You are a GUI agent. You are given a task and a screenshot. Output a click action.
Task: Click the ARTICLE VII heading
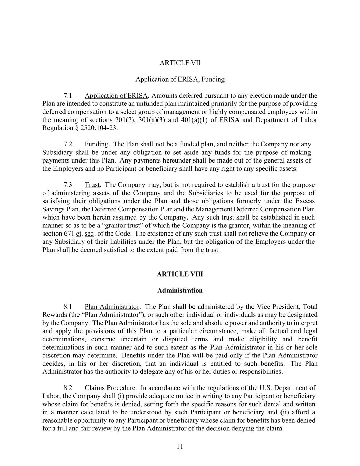pyautogui.click(x=180, y=63)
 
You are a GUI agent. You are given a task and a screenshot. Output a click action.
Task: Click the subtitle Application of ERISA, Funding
pyautogui.click(x=180, y=79)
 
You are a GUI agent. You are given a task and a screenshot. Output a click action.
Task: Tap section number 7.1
pyautogui.click(x=68, y=96)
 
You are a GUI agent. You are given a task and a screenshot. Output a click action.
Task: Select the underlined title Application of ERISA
pyautogui.click(x=116, y=96)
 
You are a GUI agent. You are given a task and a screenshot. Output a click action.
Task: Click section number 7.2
pyautogui.click(x=68, y=144)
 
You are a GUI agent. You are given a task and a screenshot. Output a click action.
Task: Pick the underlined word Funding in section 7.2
pyautogui.click(x=96, y=144)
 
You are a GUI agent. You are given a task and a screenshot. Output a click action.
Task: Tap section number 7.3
pyautogui.click(x=68, y=185)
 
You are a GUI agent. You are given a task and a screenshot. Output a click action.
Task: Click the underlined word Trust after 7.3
pyautogui.click(x=92, y=185)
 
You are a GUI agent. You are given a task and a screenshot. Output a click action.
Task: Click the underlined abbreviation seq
pyautogui.click(x=89, y=234)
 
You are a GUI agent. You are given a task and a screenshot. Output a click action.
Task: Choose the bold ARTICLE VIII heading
pyautogui.click(x=180, y=274)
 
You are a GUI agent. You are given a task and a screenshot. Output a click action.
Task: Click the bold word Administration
pyautogui.click(x=180, y=291)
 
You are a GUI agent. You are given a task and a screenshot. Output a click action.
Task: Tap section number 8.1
pyautogui.click(x=68, y=307)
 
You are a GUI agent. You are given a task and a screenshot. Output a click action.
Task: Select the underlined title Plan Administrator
pyautogui.click(x=112, y=307)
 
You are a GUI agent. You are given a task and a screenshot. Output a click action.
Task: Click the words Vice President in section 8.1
pyautogui.click(x=278, y=307)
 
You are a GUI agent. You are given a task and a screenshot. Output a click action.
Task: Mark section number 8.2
pyautogui.click(x=68, y=388)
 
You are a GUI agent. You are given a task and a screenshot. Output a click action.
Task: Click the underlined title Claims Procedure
pyautogui.click(x=110, y=388)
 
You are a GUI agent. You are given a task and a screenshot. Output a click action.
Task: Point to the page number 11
pyautogui.click(x=180, y=447)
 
